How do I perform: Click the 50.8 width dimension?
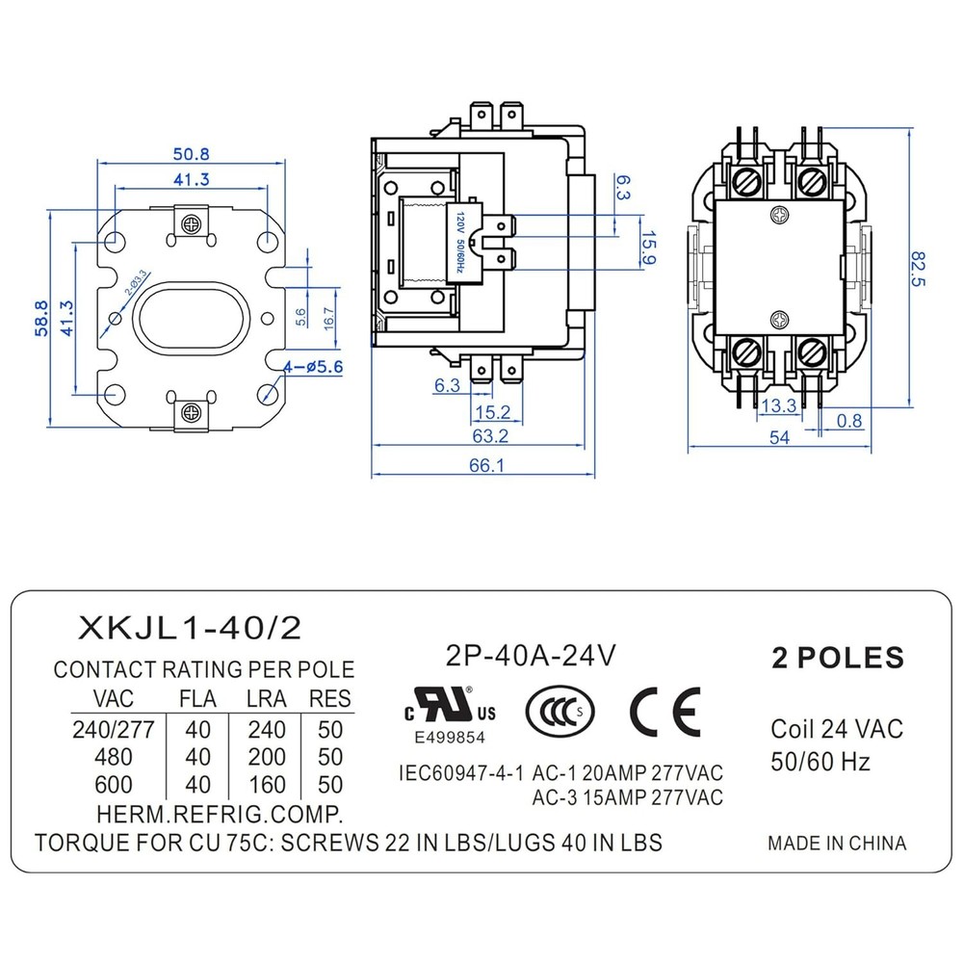pos(192,153)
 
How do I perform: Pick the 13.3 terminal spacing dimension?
pos(778,406)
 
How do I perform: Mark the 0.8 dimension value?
pos(850,420)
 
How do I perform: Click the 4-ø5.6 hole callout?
pos(313,366)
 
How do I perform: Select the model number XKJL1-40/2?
pos(190,629)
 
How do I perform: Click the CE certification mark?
pos(664,712)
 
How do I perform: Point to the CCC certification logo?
pos(559,712)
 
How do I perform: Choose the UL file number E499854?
pos(450,738)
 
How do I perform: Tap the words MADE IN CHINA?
pos(836,843)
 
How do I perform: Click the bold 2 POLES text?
pos(838,658)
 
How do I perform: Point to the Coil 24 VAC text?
pos(837,729)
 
